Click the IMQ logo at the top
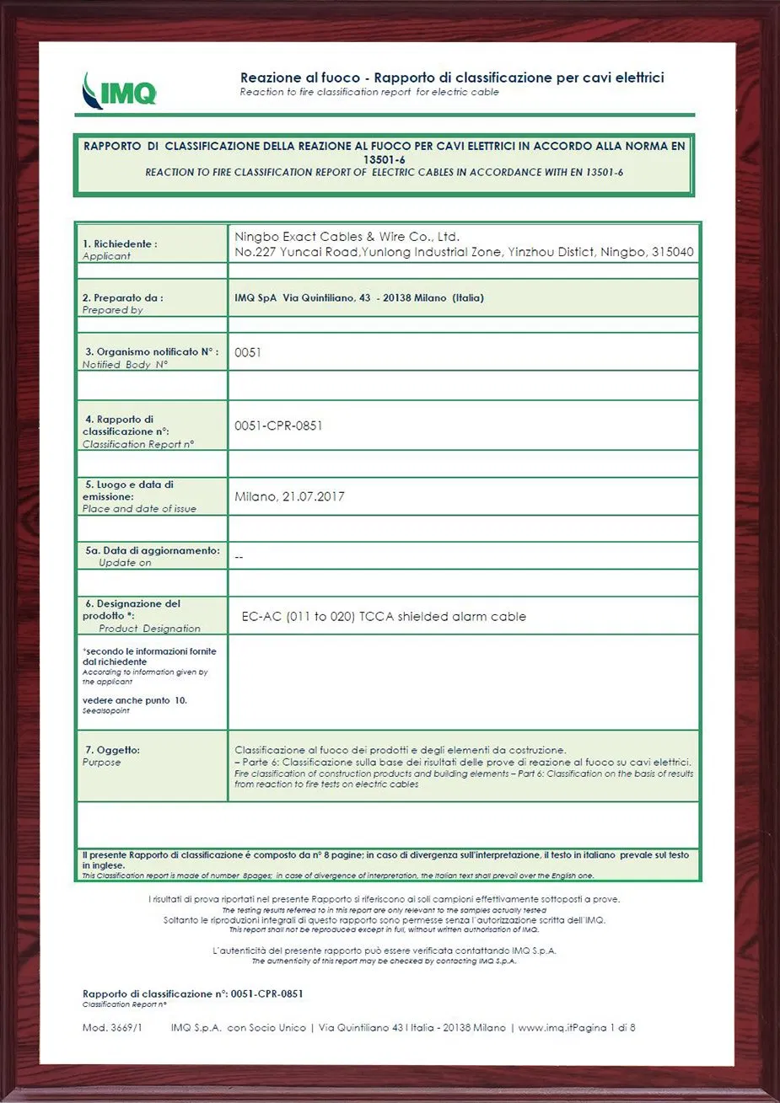coord(120,90)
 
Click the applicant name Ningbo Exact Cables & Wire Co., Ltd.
coord(347,237)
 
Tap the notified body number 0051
coord(248,352)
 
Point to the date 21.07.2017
coord(312,497)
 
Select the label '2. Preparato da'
coord(123,297)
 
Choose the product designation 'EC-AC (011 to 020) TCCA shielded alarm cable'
coord(384,617)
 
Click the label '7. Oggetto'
coord(111,750)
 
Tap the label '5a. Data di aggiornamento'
coord(153,550)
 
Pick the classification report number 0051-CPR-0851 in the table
coord(278,426)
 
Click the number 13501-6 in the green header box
coord(385,158)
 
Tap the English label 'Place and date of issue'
coord(139,509)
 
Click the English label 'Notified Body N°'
coord(125,365)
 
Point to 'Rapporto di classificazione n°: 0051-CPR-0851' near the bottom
coord(193,993)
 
